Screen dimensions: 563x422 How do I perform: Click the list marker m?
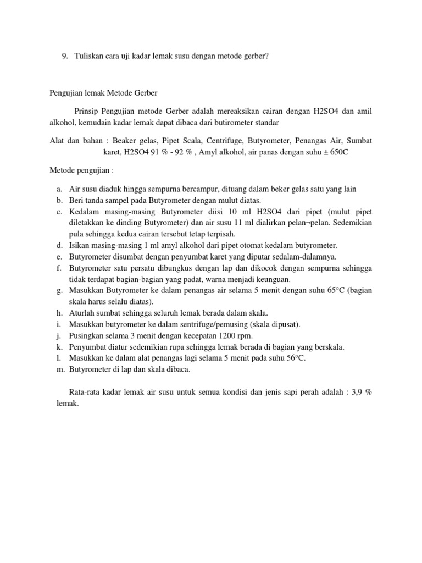(x=60, y=369)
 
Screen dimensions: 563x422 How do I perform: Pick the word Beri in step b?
(x=76, y=201)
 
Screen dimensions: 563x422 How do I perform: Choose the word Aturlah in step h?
(x=82, y=313)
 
